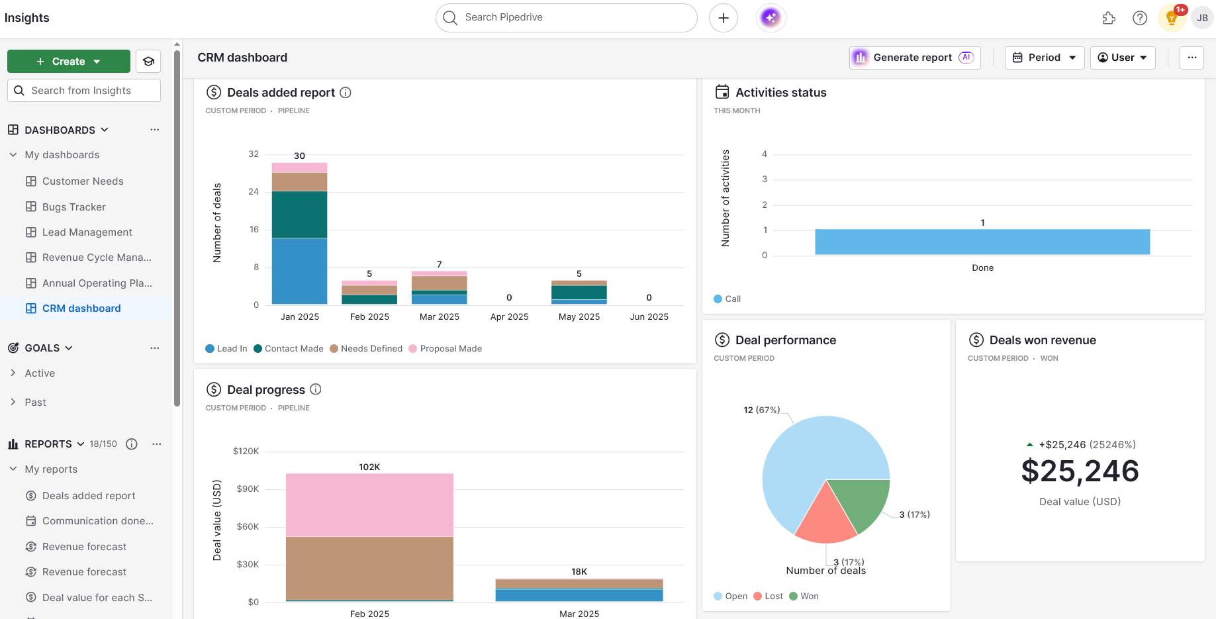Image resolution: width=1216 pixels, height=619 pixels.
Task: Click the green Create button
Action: pos(68,62)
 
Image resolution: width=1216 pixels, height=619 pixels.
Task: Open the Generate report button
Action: pos(914,58)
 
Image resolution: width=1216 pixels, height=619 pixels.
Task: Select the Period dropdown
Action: pos(1044,58)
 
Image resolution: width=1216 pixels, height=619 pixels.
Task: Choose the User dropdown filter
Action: pos(1122,58)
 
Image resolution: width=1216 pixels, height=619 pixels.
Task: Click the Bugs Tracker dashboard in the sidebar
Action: pos(73,207)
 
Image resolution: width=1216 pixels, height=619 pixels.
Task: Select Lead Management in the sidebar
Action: pos(87,232)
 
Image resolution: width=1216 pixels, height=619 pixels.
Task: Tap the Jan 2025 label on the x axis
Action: pos(299,316)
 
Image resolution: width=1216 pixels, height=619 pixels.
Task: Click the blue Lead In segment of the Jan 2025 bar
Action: pos(299,271)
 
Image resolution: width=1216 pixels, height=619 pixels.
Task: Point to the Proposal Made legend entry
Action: pos(450,349)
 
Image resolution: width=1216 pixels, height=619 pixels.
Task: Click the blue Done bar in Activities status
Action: pos(982,242)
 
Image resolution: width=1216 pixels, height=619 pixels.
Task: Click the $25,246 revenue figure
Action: pos(1080,471)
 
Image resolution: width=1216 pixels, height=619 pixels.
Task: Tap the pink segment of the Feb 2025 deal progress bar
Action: pos(369,504)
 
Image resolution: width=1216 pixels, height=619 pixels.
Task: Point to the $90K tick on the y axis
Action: pos(248,489)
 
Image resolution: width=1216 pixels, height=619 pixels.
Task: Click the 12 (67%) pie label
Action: pos(761,410)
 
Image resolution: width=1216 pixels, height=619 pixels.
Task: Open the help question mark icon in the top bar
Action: pos(1139,18)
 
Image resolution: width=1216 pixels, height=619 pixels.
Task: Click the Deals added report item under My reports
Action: pos(88,496)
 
